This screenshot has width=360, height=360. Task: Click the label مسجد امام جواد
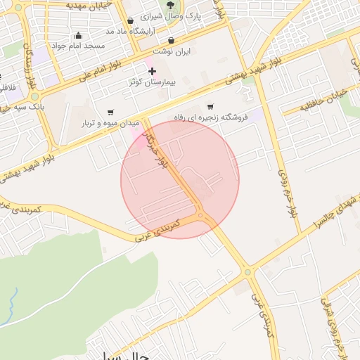[80, 46]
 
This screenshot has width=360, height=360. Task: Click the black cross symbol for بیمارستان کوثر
[152, 71]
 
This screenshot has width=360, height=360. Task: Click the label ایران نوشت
[173, 51]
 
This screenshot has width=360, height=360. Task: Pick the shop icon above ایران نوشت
[173, 40]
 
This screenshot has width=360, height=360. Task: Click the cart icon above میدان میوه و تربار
[110, 112]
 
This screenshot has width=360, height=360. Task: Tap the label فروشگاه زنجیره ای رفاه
[209, 117]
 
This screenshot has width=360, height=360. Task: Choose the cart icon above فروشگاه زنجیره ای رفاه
[210, 107]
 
